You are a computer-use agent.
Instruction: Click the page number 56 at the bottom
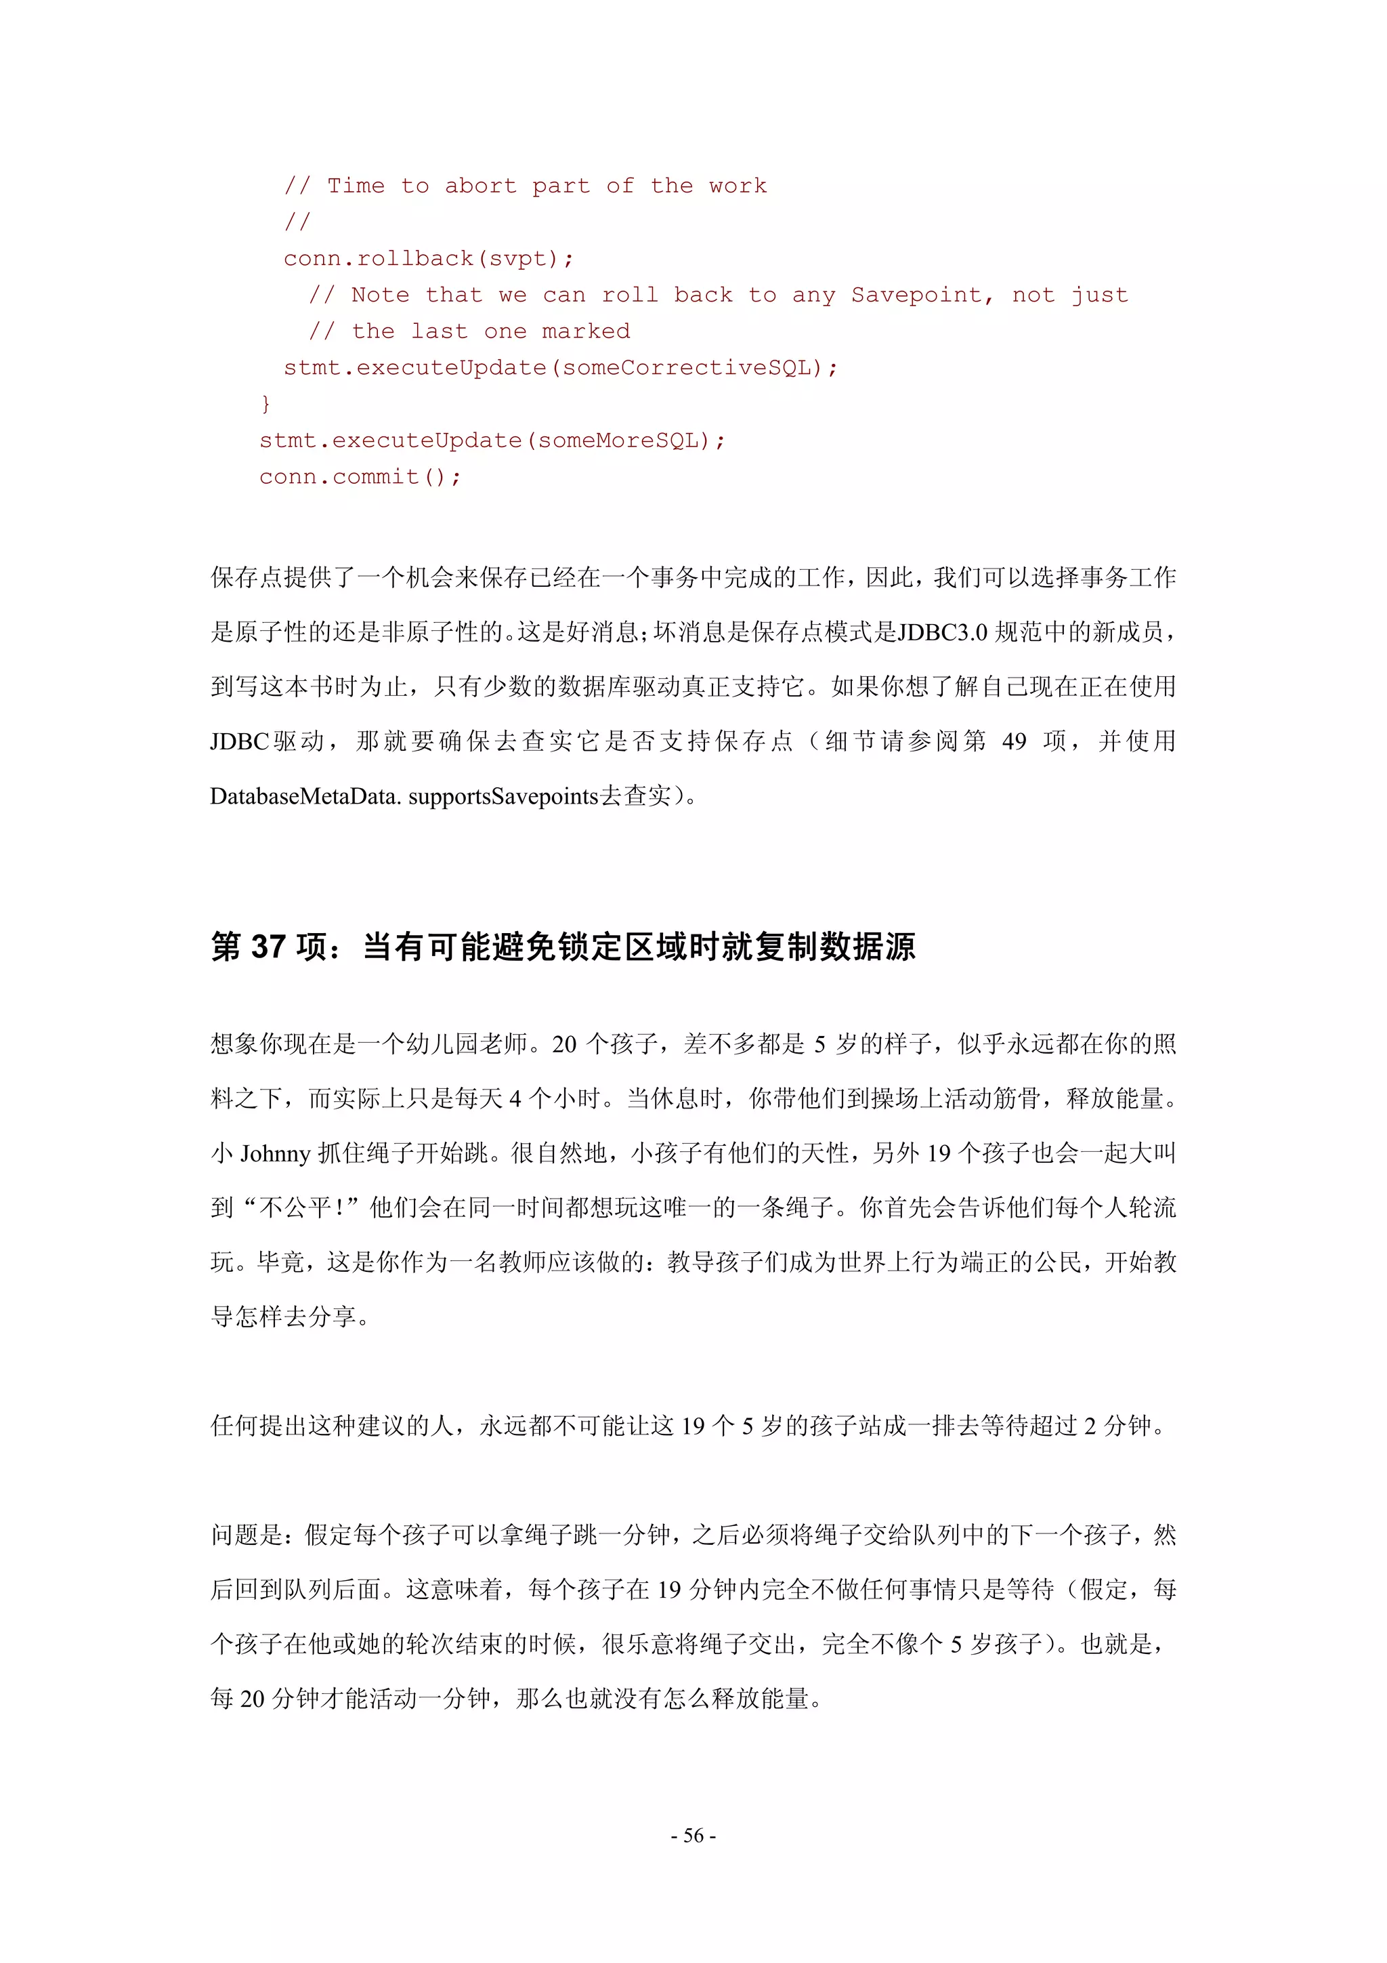point(693,1836)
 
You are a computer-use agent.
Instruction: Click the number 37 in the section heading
point(268,947)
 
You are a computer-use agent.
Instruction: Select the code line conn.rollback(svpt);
point(429,258)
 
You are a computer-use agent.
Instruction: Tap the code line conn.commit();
point(360,476)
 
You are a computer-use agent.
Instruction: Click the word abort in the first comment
point(480,186)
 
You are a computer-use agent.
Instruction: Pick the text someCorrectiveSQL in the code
point(685,368)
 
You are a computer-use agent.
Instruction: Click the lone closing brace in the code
point(265,404)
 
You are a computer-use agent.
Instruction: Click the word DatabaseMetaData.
point(304,797)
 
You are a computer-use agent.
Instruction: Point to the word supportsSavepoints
point(503,797)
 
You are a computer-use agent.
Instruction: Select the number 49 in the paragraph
point(1014,741)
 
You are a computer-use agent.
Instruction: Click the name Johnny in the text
point(275,1154)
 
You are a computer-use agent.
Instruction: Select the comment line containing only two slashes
point(297,222)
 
